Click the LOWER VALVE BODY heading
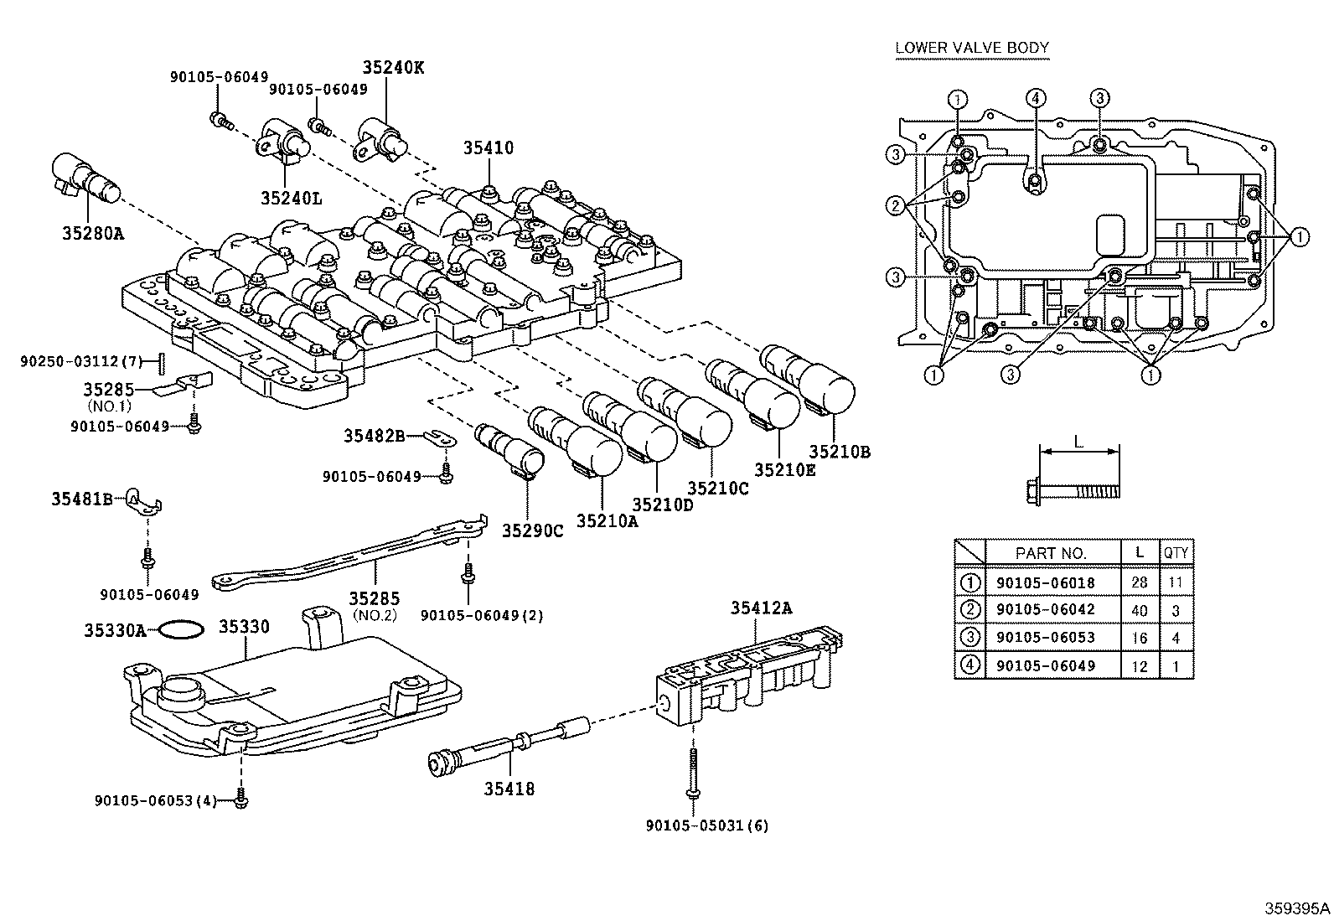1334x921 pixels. (972, 48)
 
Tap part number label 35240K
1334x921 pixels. (394, 67)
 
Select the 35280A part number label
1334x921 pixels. (94, 234)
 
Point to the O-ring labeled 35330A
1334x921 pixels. (182, 629)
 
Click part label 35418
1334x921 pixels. (509, 789)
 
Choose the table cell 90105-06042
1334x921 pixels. (1046, 609)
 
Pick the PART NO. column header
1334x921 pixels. (1051, 553)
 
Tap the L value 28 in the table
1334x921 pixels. (1140, 582)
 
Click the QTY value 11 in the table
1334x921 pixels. (1176, 582)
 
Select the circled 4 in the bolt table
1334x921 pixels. (970, 665)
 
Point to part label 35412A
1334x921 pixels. (762, 608)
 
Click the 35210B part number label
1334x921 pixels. (840, 453)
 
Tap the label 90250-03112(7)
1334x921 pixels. (81, 361)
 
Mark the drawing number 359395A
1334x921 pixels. (1297, 908)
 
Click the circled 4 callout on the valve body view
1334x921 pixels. (1036, 98)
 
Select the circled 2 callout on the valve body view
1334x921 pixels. (896, 206)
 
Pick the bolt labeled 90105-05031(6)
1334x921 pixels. (694, 772)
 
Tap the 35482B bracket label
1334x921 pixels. (374, 436)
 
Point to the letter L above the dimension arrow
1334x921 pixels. (1078, 442)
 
